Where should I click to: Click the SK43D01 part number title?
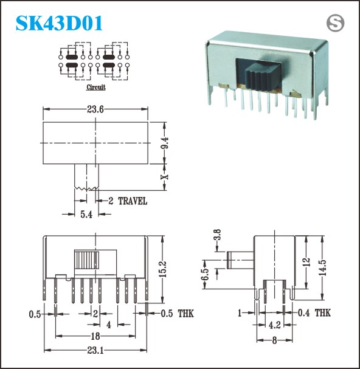59,23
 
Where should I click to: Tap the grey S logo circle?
335,23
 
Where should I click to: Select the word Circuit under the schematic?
96,87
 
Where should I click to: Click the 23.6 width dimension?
95,109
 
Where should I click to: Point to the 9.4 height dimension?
165,143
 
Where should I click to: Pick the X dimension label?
165,176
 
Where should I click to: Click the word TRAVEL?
133,201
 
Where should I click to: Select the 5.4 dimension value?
86,215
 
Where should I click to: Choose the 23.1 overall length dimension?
95,350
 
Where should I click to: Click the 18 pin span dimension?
95,336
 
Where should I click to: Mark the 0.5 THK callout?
178,314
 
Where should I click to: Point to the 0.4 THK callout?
314,312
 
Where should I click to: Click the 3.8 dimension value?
217,235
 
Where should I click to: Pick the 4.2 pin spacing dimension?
274,325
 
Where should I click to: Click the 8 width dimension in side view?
274,340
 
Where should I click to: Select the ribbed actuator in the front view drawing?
86,260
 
